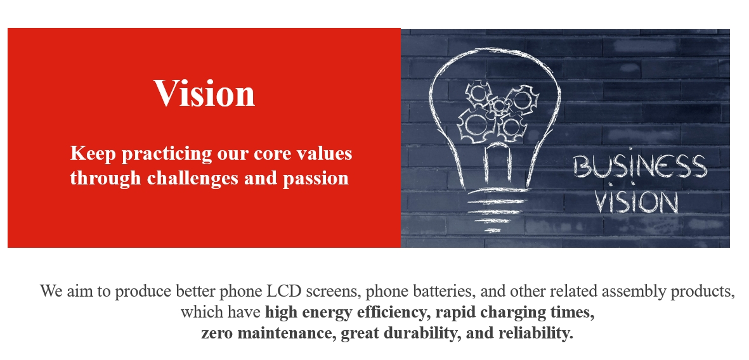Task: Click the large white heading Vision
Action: click(204, 93)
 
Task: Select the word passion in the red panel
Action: click(315, 179)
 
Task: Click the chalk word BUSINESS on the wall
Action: click(640, 165)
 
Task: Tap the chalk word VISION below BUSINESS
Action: click(637, 202)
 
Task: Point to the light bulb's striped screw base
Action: click(497, 210)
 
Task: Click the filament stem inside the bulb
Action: click(497, 165)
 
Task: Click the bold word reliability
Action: click(535, 333)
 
